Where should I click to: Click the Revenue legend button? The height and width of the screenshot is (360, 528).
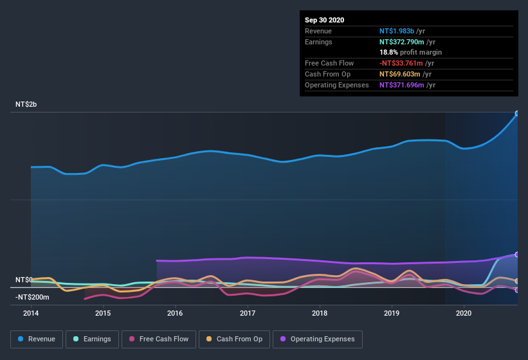(x=37, y=339)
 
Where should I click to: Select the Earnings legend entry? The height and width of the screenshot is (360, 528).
(x=93, y=339)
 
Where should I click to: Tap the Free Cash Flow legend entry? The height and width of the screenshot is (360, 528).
(x=159, y=339)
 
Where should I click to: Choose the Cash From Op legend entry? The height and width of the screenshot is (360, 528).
(x=234, y=339)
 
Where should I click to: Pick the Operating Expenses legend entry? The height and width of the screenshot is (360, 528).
(x=317, y=339)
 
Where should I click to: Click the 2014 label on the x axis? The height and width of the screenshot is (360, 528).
(x=31, y=313)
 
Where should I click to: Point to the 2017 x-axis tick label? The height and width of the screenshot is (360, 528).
(x=248, y=313)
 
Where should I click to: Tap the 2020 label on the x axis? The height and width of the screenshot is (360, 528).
(x=464, y=313)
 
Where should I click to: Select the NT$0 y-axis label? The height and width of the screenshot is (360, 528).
(x=24, y=280)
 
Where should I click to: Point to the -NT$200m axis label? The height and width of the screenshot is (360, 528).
(x=32, y=296)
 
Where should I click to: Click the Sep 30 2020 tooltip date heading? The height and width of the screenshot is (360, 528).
(x=325, y=20)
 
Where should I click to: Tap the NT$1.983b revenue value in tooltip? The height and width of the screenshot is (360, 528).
(x=397, y=31)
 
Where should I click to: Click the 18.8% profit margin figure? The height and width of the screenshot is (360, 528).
(x=388, y=52)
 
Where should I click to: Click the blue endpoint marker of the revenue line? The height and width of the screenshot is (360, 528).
(x=517, y=114)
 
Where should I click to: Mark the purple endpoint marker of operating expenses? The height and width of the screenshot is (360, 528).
(x=517, y=255)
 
